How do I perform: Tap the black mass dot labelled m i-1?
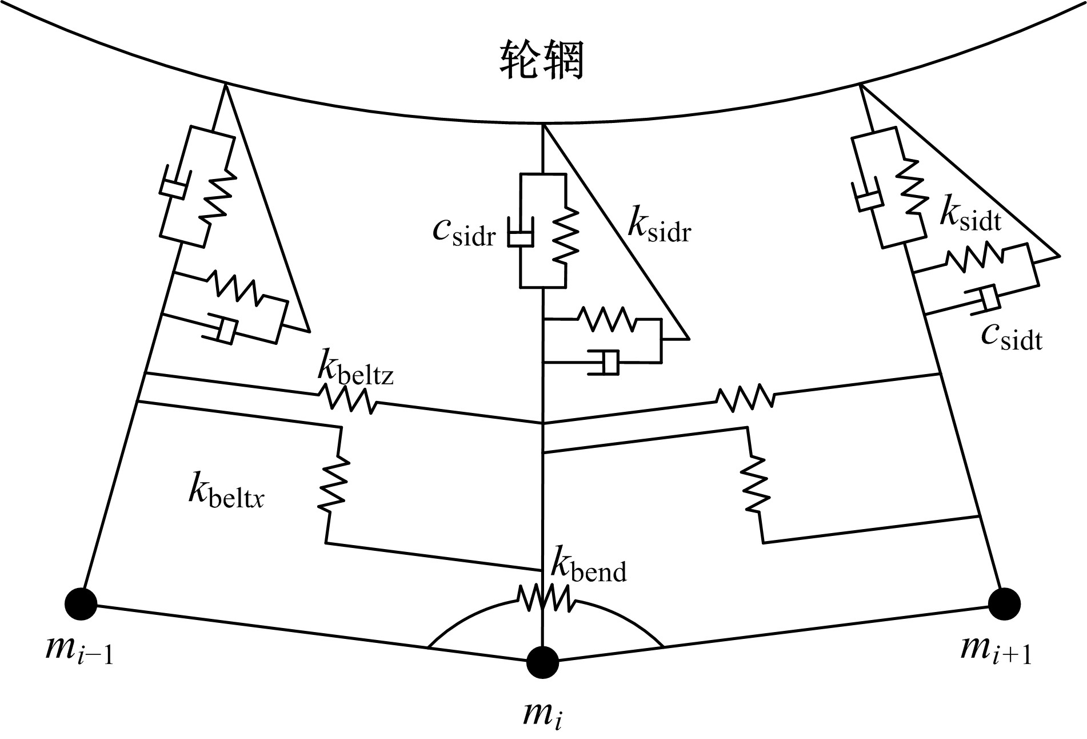point(81,604)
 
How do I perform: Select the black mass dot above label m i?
point(542,662)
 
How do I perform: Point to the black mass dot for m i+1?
point(1004,604)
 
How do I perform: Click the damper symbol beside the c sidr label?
point(520,233)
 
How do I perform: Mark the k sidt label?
point(970,216)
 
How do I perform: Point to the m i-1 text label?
point(79,651)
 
